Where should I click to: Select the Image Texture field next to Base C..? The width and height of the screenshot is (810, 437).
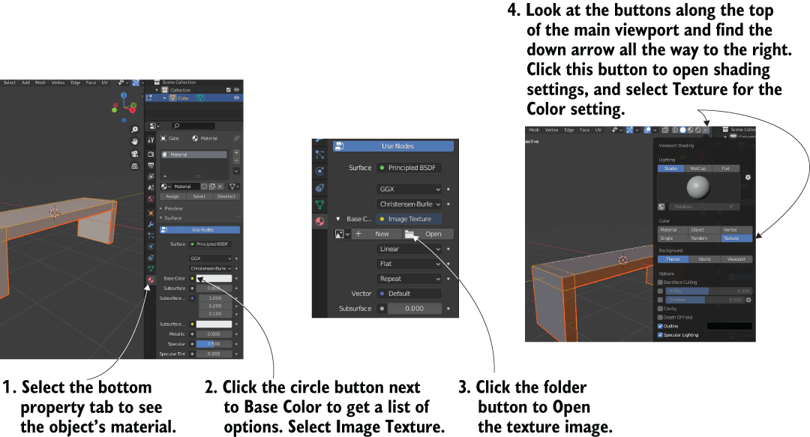[x=409, y=219]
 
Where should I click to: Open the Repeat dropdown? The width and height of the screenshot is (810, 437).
[x=409, y=279]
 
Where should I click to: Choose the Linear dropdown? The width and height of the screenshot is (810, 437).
[x=409, y=249]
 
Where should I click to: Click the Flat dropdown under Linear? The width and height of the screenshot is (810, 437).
[x=409, y=264]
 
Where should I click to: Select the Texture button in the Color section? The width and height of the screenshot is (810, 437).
[x=730, y=238]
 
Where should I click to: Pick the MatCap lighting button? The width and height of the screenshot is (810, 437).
[x=698, y=169]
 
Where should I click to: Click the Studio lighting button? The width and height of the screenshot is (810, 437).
[x=670, y=169]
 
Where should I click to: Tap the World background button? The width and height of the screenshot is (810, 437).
[x=704, y=259]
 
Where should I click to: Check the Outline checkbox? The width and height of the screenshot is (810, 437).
[x=660, y=326]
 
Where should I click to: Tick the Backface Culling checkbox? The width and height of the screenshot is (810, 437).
[x=660, y=283]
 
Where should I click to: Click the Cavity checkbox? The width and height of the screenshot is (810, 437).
[x=660, y=308]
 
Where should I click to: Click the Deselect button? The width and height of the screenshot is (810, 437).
[x=226, y=196]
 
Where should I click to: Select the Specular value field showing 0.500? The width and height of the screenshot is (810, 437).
[x=214, y=344]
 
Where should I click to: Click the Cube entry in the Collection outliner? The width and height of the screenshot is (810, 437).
[x=183, y=97]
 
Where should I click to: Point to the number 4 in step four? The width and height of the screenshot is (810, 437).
[x=513, y=11]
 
